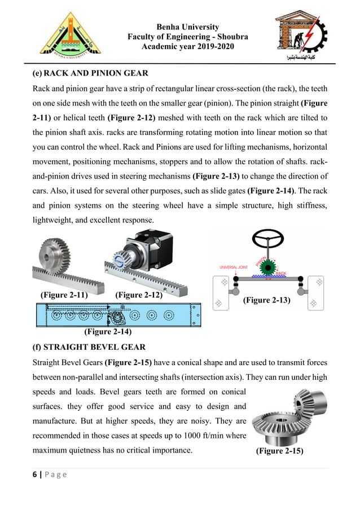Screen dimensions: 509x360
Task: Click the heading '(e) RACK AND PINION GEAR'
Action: (91, 73)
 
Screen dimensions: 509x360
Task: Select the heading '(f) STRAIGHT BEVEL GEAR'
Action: (89, 346)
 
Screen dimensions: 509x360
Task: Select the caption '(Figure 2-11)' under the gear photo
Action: (64, 295)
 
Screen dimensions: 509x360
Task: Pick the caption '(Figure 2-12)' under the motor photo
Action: (139, 295)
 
